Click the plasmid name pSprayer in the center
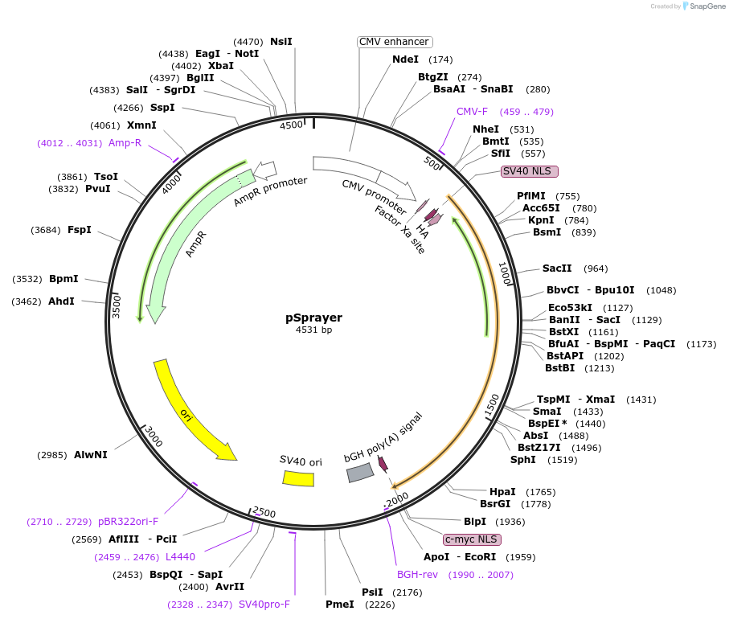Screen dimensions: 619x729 [x=313, y=317]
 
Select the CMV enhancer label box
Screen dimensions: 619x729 [x=394, y=42]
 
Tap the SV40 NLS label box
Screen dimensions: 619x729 [x=529, y=171]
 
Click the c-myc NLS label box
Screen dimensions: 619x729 [x=472, y=539]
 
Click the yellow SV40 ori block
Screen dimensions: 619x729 [x=298, y=478]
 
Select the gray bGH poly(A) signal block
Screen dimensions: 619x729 [x=359, y=473]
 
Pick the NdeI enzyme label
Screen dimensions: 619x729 [x=405, y=59]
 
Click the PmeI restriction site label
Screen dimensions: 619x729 [x=339, y=605]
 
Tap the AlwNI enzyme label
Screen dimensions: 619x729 [x=90, y=455]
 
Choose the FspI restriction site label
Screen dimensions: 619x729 [x=79, y=230]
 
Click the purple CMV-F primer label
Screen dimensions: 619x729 [x=472, y=112]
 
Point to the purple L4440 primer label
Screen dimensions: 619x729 [x=180, y=556]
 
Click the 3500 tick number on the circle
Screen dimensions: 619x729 [x=117, y=306]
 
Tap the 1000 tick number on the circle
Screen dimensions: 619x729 [x=505, y=273]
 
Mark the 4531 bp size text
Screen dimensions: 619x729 [x=313, y=330]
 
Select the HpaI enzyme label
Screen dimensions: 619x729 [x=502, y=491]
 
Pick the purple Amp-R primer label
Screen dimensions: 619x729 [x=125, y=143]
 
